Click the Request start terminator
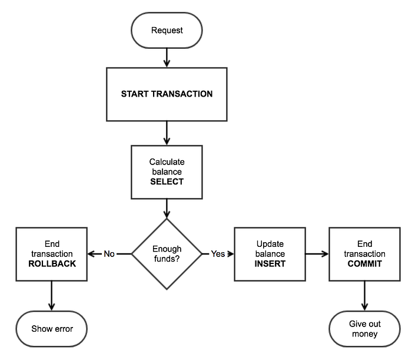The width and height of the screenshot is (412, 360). pos(167,30)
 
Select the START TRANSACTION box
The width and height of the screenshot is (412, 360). pos(167,94)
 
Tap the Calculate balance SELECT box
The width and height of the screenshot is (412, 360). pos(167,172)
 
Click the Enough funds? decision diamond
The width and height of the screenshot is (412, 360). pos(167,254)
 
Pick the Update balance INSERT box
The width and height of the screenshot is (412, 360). pos(270,254)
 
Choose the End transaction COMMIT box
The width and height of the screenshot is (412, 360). pos(365,254)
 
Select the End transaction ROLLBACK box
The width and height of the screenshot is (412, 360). pos(52,254)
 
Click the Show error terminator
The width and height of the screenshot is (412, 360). pos(52,329)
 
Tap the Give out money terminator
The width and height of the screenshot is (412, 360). pos(365,329)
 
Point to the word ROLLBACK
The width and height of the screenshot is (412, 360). pos(52,264)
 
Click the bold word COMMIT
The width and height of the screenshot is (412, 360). pos(365,264)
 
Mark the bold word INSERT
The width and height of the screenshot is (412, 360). pos(270,264)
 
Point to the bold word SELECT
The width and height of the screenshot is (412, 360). pos(167,181)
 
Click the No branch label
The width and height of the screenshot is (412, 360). pos(109,254)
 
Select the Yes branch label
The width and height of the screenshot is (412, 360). pos(218,254)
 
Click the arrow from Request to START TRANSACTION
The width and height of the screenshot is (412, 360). pos(167,58)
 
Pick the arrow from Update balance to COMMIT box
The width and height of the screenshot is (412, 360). pos(317,254)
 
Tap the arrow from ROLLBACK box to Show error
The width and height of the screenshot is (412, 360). pos(52,296)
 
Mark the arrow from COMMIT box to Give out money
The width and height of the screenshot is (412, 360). pos(365,296)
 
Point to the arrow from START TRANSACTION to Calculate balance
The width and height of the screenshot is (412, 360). pos(167,133)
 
